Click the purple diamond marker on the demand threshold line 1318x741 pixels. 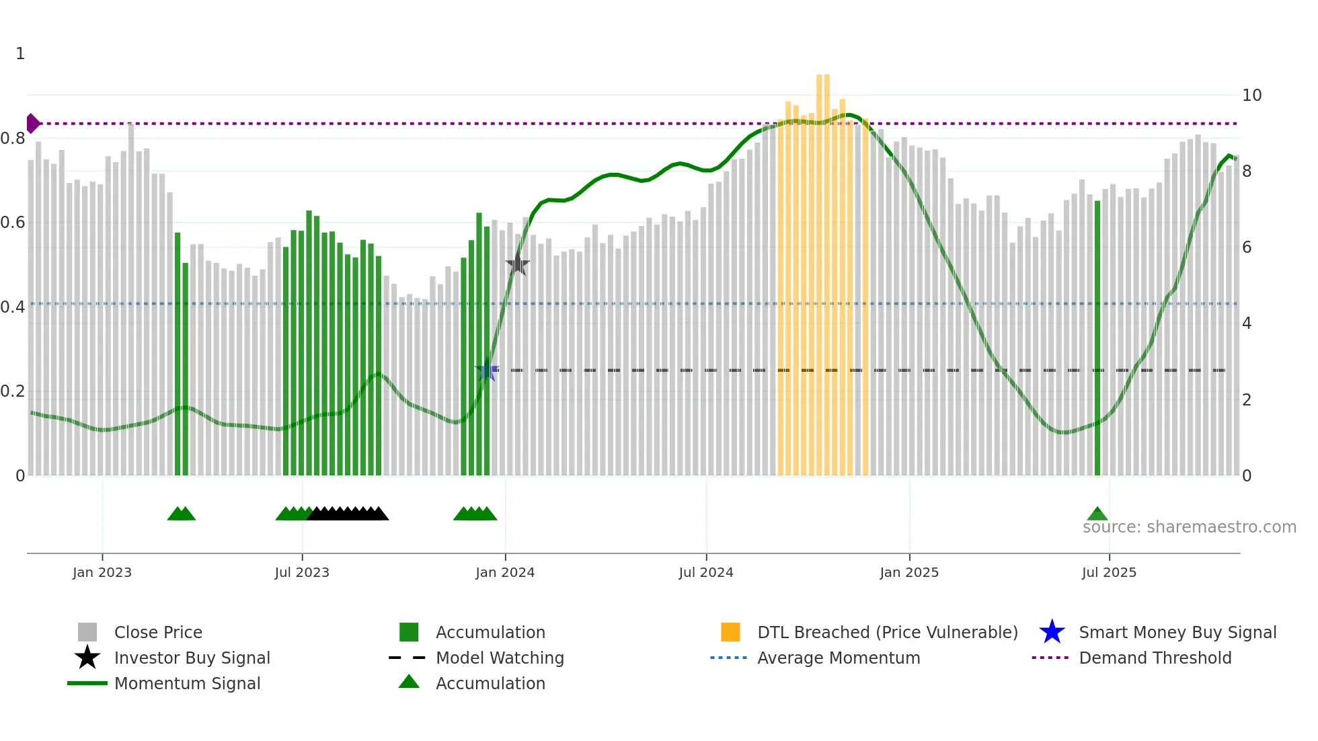point(32,124)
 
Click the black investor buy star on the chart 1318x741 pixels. point(518,264)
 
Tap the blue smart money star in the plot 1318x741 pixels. point(487,370)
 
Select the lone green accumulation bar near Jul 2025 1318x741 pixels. point(1097,336)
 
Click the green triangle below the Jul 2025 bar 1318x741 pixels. point(1097,514)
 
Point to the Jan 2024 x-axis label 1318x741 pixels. point(505,572)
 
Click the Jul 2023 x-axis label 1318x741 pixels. point(302,572)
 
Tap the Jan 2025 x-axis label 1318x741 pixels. point(909,572)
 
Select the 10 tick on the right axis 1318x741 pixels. point(1251,95)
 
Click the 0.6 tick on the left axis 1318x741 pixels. point(13,223)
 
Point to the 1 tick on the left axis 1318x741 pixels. point(20,54)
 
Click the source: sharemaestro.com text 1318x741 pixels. point(1189,527)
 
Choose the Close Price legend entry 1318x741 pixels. point(158,632)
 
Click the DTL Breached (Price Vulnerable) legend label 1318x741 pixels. point(887,632)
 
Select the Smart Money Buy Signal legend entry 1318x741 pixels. point(1177,632)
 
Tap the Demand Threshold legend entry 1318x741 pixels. point(1155,658)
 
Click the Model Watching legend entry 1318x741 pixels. point(500,658)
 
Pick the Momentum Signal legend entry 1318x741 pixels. point(187,683)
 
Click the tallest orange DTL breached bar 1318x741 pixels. point(823,269)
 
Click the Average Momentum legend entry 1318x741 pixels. point(838,658)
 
